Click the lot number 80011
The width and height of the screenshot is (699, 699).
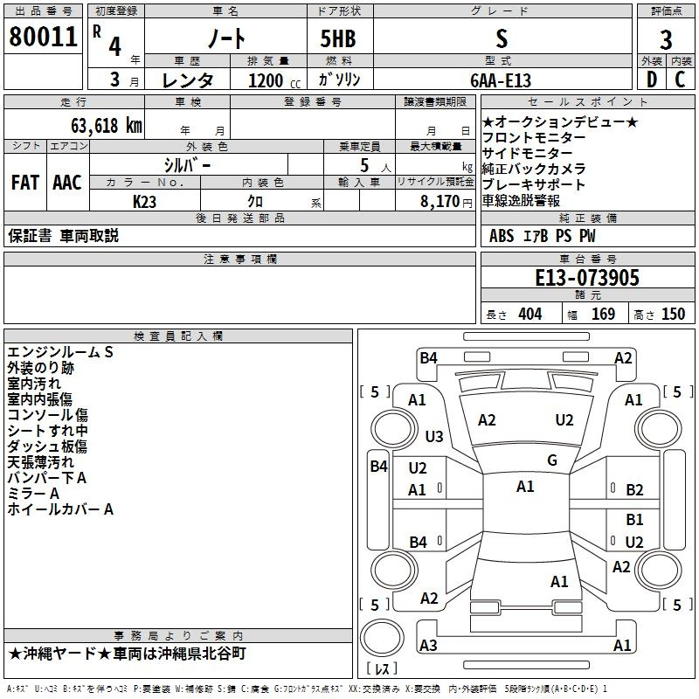43,37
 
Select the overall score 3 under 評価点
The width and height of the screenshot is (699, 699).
666,40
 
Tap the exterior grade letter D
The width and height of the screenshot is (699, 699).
652,80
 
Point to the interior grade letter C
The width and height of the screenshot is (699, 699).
680,80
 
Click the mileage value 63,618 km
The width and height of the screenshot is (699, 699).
107,126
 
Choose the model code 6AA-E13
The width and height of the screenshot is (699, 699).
501,80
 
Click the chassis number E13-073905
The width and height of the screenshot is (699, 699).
587,278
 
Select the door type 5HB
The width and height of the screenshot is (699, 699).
338,38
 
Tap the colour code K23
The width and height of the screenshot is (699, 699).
144,202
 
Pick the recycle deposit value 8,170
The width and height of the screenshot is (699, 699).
439,202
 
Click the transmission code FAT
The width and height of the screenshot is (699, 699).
25,183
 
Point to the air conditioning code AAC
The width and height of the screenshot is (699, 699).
67,183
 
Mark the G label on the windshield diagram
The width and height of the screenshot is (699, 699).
552,460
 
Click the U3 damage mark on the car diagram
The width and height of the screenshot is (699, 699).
434,436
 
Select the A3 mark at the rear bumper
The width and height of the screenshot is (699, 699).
428,645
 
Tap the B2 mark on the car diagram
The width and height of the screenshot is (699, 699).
634,490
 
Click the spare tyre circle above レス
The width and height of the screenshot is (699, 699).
382,637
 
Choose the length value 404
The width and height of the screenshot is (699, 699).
530,315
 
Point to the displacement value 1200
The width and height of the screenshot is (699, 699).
266,80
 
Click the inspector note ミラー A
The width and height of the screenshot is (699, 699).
33,494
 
